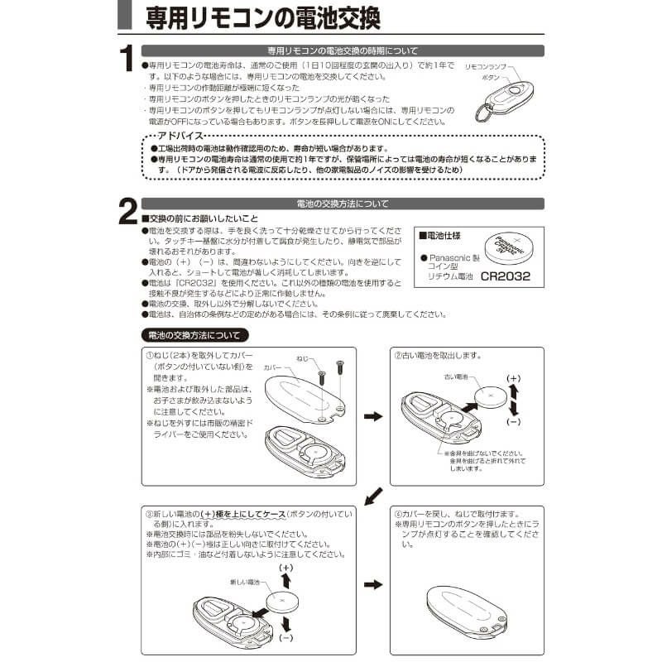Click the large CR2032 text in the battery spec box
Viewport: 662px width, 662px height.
coord(505,277)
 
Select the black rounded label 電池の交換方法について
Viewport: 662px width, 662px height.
coord(194,335)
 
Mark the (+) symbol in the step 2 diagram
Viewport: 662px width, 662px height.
coord(513,378)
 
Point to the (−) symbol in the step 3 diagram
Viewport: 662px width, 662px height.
coord(286,638)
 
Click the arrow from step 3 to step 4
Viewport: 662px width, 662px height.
coord(373,584)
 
